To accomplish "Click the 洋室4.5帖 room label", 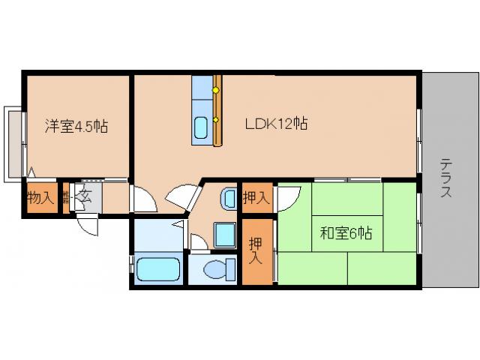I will click(76, 127).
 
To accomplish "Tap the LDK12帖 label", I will click(276, 123).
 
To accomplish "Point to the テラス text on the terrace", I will click(445, 178).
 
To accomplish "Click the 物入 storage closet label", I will click(40, 199).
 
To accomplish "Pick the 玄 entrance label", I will click(85, 198).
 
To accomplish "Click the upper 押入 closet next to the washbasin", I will click(256, 199).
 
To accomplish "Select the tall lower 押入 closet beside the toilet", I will click(256, 251).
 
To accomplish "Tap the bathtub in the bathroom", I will click(158, 268).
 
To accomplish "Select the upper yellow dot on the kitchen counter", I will click(215, 91).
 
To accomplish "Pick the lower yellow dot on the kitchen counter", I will click(215, 119).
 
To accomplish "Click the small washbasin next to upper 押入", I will click(228, 199).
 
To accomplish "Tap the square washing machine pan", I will click(223, 235).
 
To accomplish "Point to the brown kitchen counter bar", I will click(218, 110).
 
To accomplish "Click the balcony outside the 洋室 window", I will click(15, 143).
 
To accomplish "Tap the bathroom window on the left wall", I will click(132, 267).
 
